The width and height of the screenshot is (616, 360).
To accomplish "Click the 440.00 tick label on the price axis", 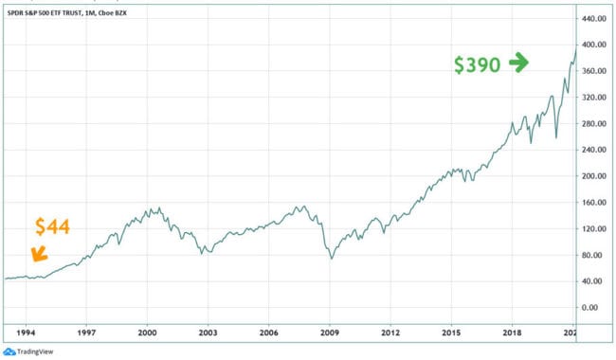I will click(x=594, y=19).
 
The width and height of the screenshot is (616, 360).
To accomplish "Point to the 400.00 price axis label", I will click(x=594, y=45).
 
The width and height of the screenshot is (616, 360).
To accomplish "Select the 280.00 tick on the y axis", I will click(x=594, y=124).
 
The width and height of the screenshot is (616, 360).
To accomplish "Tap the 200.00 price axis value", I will click(x=594, y=176).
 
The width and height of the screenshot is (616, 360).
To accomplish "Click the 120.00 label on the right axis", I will click(x=594, y=228).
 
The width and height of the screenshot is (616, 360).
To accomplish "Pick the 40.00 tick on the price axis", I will click(x=594, y=281).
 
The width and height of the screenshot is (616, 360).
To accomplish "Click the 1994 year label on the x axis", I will click(x=26, y=333).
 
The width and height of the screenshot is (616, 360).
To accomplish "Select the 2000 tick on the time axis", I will click(x=147, y=333).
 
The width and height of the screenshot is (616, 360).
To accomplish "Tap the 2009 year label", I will click(x=330, y=333).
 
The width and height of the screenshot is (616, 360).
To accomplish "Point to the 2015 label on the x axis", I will click(x=451, y=333).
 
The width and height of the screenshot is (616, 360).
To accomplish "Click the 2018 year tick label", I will click(x=512, y=333).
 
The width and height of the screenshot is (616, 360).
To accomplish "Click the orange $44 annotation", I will click(x=52, y=227).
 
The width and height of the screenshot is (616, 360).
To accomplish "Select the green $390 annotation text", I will click(x=477, y=64).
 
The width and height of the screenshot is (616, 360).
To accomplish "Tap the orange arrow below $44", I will click(x=38, y=253).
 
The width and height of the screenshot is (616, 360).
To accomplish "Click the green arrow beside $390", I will click(x=518, y=63).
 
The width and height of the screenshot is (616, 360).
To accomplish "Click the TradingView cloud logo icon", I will click(x=9, y=351).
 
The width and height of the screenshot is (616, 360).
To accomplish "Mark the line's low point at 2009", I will click(x=331, y=258).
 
